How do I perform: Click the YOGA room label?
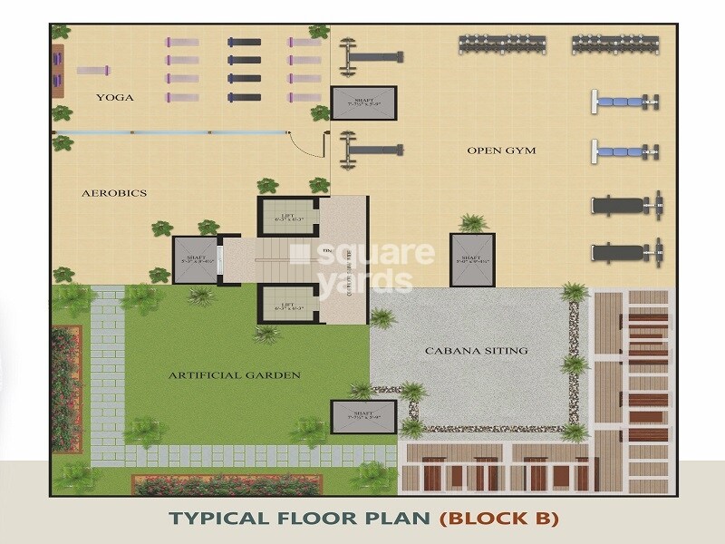[115, 97]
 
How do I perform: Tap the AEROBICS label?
[114, 193]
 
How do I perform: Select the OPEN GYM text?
[497, 151]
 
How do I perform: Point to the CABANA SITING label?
[476, 350]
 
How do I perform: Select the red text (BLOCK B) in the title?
[499, 519]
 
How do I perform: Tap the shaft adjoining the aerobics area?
[197, 258]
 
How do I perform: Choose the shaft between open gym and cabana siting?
[471, 257]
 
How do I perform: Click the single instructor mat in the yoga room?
[92, 70]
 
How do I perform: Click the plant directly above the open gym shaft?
[472, 222]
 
